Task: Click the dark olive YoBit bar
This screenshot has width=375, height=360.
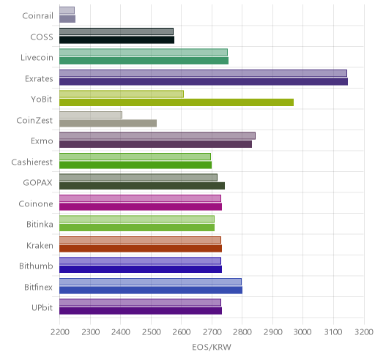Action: [x=177, y=102]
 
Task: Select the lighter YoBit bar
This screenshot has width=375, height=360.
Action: [x=122, y=94]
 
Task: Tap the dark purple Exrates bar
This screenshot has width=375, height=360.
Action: [x=204, y=82]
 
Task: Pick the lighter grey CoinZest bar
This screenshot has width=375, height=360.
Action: [x=91, y=115]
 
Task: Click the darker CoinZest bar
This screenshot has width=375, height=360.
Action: [x=108, y=124]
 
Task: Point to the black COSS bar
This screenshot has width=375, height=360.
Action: [x=117, y=40]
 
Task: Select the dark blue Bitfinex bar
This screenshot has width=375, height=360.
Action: [x=151, y=290]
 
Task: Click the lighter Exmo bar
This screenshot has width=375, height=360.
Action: [x=157, y=136]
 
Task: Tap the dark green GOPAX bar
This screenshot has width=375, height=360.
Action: [x=142, y=186]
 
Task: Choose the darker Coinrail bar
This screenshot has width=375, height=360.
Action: [x=67, y=19]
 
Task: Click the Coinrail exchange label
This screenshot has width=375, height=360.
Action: [x=37, y=16]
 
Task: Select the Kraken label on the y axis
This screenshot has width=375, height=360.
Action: [x=40, y=245]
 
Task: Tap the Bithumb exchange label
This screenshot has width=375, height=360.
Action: [x=36, y=266]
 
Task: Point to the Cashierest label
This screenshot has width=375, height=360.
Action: [x=32, y=162]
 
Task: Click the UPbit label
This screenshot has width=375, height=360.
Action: [x=42, y=308]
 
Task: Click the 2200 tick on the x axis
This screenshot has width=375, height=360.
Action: [x=60, y=332]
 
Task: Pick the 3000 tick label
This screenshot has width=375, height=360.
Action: [x=302, y=332]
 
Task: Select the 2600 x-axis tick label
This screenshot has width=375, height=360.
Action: [x=182, y=332]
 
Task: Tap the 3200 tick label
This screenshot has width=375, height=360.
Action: [x=364, y=332]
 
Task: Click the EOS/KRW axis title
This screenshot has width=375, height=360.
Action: [x=212, y=347]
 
